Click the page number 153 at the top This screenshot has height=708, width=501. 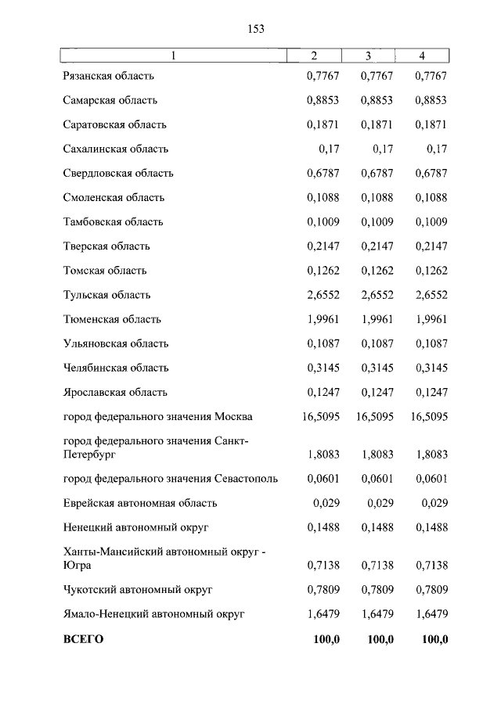[x=256, y=29]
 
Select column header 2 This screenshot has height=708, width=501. [x=314, y=56]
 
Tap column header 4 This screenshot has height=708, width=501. [x=422, y=56]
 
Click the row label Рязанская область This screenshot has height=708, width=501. [x=109, y=76]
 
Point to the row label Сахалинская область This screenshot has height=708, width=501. [x=116, y=149]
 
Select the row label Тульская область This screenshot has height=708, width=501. [x=107, y=295]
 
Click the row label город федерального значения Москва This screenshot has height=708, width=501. [x=158, y=416]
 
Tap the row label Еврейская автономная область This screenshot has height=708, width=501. [x=140, y=503]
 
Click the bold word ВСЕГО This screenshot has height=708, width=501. [x=83, y=639]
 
